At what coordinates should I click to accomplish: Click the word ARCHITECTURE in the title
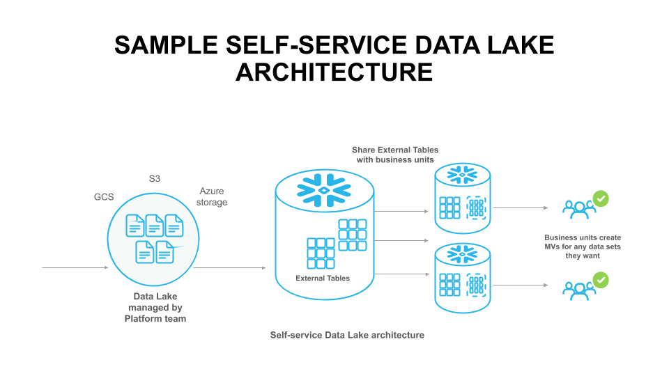[x=334, y=72]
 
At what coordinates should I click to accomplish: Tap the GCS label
[x=104, y=197]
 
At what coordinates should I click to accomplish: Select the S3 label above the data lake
[x=154, y=179]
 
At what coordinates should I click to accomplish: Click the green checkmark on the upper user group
[x=601, y=198]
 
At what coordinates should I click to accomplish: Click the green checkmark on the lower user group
[x=601, y=281]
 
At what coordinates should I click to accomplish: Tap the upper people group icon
[x=578, y=207]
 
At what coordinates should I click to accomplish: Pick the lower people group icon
[x=578, y=289]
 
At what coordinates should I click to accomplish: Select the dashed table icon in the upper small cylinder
[x=476, y=207]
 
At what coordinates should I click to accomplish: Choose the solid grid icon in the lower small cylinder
[x=449, y=285]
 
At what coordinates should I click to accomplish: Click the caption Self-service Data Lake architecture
[x=347, y=335]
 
